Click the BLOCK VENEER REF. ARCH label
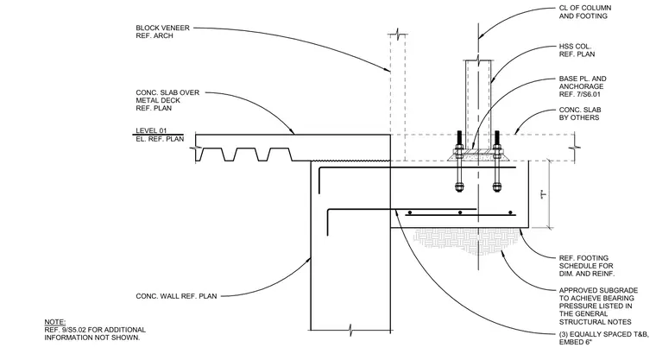(162, 32)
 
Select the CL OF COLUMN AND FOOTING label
(585, 12)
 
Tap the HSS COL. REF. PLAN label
(577, 50)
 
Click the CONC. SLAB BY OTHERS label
(580, 113)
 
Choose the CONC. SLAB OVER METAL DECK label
(167, 100)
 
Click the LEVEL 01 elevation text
(151, 130)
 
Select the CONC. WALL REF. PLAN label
(176, 296)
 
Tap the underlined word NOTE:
(54, 322)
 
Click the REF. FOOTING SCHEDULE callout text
(587, 266)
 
